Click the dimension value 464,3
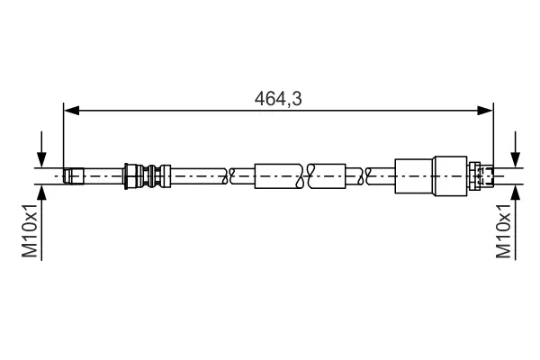click(277, 100)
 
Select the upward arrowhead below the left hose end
click(40, 191)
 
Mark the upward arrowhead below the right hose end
click(515, 191)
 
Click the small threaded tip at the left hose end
click(74, 175)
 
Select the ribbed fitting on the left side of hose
click(146, 175)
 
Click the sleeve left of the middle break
click(279, 175)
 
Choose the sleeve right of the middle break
click(328, 175)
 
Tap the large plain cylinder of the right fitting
click(414, 175)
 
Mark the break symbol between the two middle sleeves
click(303, 175)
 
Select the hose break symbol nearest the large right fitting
click(362, 175)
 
